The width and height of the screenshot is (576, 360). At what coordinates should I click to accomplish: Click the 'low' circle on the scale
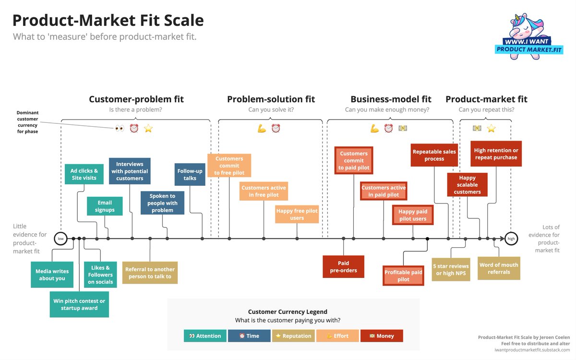[x=61, y=238]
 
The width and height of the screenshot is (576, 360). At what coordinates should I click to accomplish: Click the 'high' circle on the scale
[x=511, y=238]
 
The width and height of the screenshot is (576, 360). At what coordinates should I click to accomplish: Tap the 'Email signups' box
[x=105, y=206]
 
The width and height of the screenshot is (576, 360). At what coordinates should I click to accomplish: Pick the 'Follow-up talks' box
[x=190, y=174]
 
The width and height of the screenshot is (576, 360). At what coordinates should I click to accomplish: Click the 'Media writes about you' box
[x=52, y=275]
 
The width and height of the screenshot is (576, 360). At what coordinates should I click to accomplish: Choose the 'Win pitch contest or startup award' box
[x=79, y=304]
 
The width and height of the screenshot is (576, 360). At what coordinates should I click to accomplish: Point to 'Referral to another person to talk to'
[x=150, y=273]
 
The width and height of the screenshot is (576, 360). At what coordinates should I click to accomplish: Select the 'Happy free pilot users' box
[x=297, y=215]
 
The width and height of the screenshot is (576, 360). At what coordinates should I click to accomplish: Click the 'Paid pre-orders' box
[x=343, y=266]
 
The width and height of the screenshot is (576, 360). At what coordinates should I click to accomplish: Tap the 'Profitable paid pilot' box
[x=403, y=276]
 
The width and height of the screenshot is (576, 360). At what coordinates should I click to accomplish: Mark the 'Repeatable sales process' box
[x=434, y=155]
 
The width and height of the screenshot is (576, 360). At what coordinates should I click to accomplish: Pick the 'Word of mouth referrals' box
[x=499, y=268]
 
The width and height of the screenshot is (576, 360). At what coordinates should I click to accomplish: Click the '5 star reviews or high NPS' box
[x=451, y=270]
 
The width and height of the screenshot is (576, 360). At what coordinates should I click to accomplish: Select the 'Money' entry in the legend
[x=382, y=336]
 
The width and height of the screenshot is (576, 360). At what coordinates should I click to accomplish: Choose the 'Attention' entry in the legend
[x=205, y=336]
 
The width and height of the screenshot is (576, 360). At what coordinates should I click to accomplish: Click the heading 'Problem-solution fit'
[x=271, y=99]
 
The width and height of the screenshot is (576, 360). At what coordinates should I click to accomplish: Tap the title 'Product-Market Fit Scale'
[x=108, y=20]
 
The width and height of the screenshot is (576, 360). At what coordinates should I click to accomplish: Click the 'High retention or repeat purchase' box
[x=496, y=154]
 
